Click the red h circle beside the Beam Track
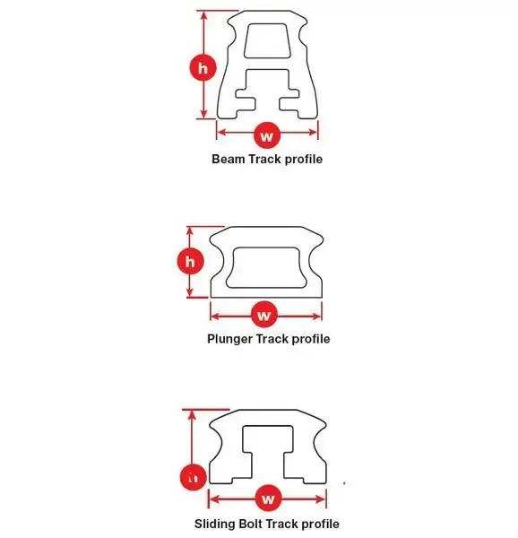point(203,67)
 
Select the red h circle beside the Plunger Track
point(190,262)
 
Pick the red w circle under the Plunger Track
point(264,315)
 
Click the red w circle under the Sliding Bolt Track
point(269,499)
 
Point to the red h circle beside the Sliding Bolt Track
point(194,477)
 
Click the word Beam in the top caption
point(229,160)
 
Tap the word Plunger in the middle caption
point(229,339)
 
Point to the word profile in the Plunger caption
point(311,339)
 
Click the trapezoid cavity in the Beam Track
point(267,40)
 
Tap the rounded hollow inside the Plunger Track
point(267,267)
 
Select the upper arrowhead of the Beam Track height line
point(204,16)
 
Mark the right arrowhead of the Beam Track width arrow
point(313,132)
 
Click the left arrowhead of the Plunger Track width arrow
point(215,316)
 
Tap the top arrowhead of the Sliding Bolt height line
point(192,415)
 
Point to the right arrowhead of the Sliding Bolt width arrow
point(321,499)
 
